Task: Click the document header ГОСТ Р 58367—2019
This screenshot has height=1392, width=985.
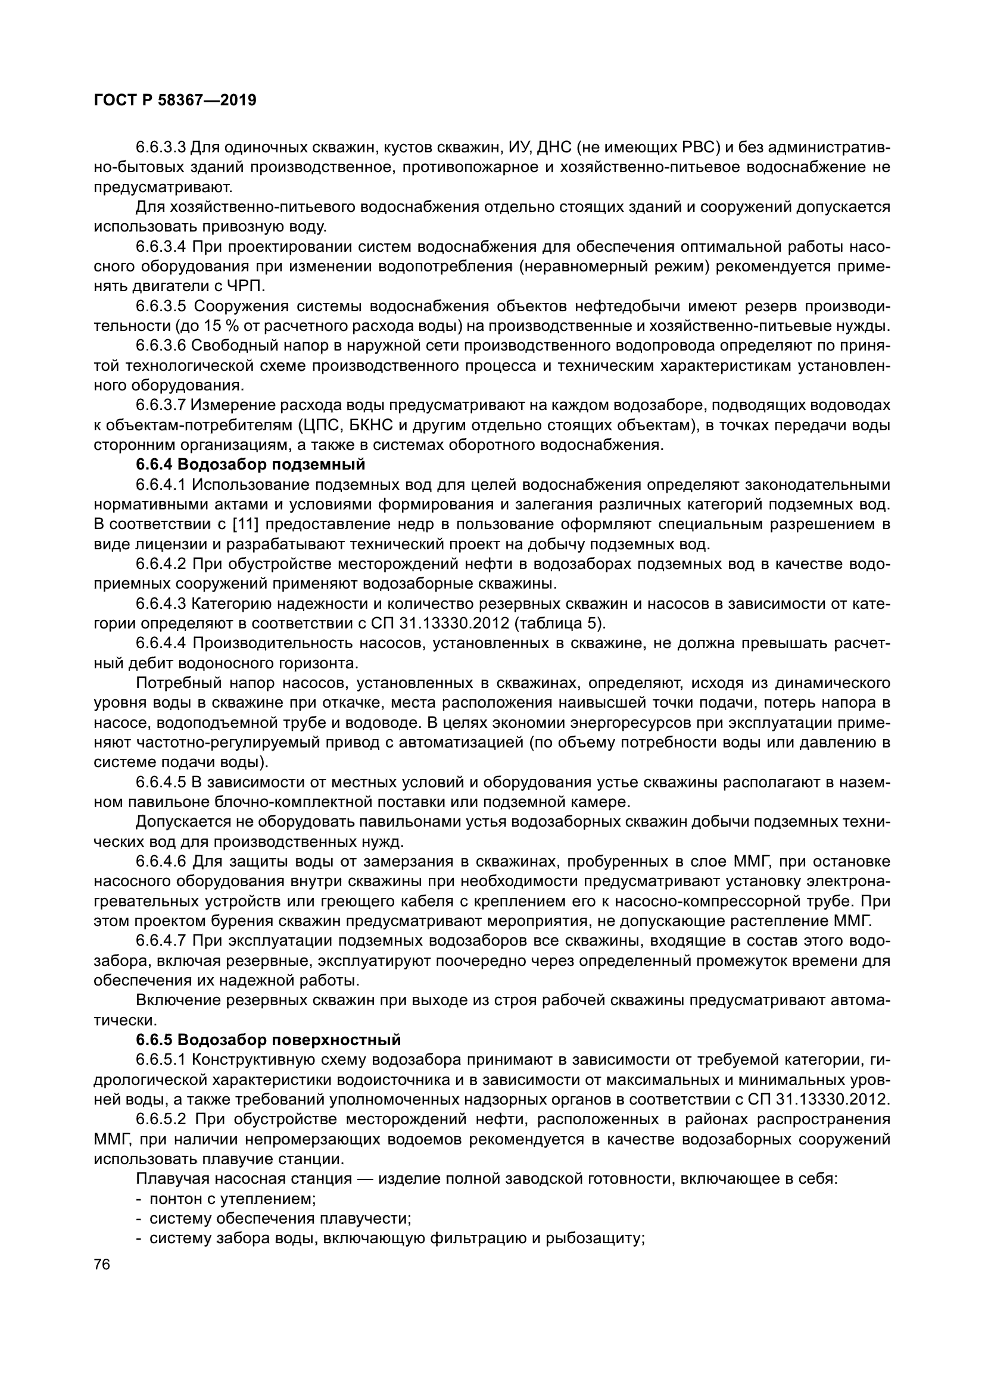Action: pos(174,101)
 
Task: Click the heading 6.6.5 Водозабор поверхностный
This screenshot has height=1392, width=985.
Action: pos(268,1040)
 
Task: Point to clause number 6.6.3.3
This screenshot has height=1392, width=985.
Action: pos(160,148)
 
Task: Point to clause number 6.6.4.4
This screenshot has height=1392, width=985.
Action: pos(160,643)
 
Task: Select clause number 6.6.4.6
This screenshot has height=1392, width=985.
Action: pos(160,862)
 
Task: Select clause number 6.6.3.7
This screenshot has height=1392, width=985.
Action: pos(160,406)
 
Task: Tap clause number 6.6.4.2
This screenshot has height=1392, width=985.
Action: pos(160,564)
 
